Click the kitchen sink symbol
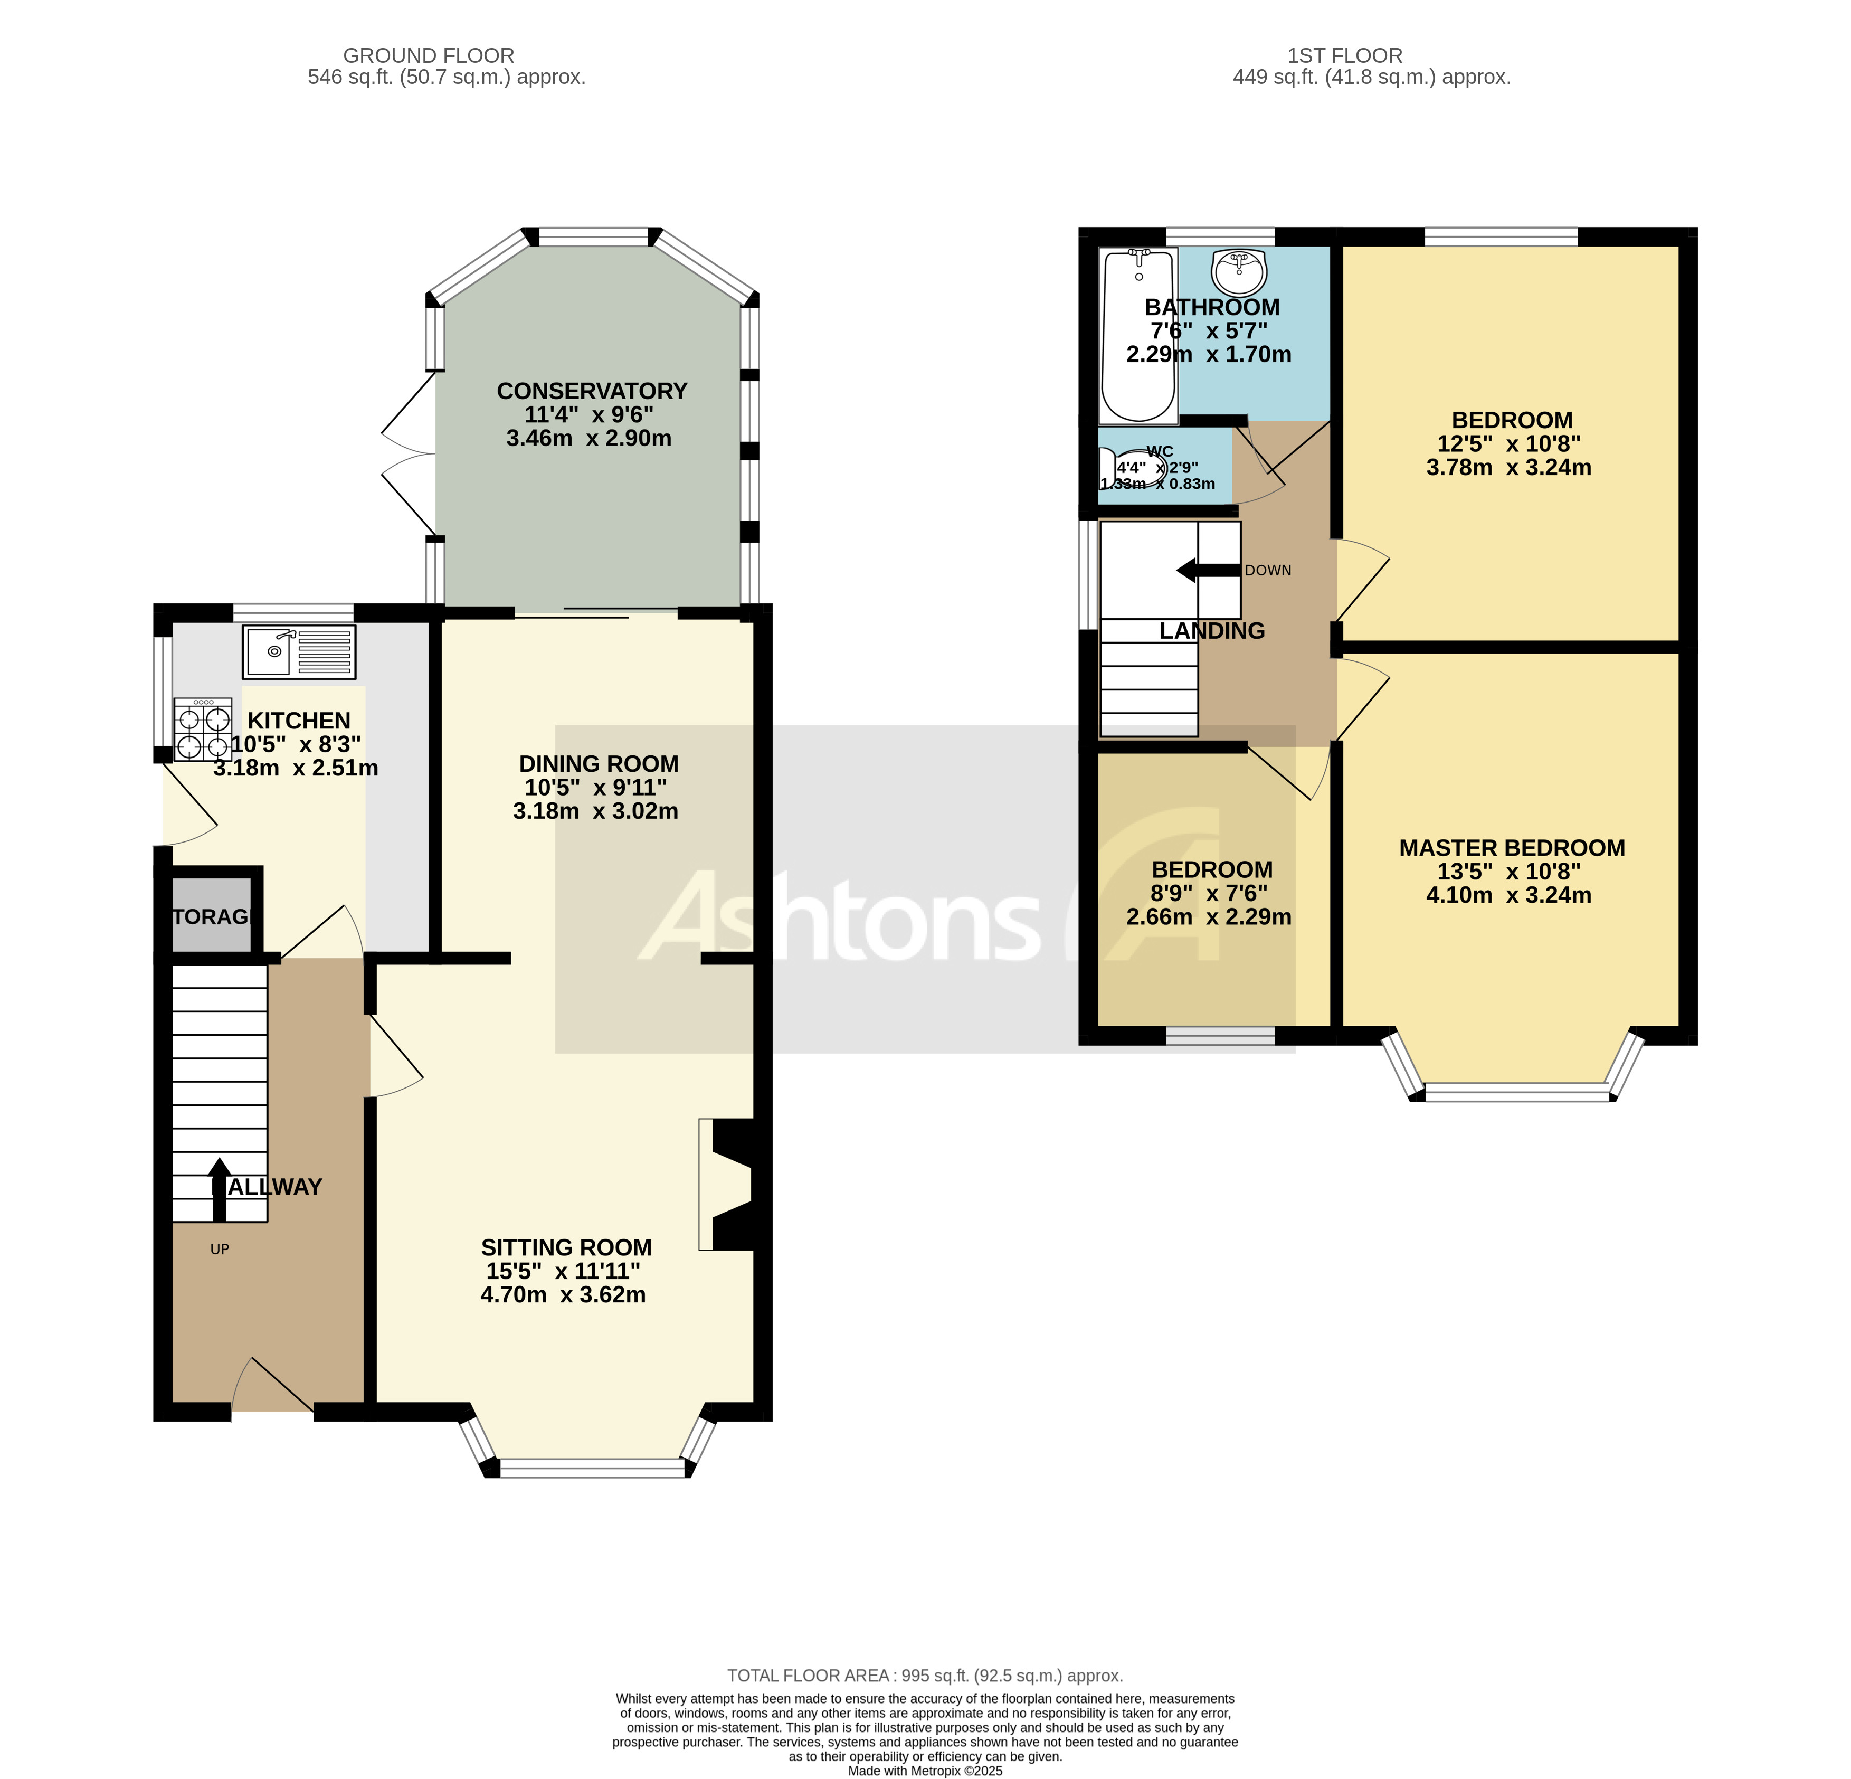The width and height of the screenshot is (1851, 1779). (x=298, y=652)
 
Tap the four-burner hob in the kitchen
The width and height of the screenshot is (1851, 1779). (x=203, y=730)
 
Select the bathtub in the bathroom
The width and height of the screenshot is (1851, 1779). (x=1138, y=335)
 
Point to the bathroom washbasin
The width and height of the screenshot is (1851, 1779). (x=1239, y=272)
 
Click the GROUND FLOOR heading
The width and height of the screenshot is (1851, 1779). (x=429, y=56)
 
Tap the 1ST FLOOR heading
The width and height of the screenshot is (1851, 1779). (x=1345, y=56)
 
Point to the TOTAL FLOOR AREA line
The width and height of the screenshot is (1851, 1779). (x=925, y=1676)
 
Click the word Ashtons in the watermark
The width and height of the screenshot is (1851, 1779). (x=840, y=916)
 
